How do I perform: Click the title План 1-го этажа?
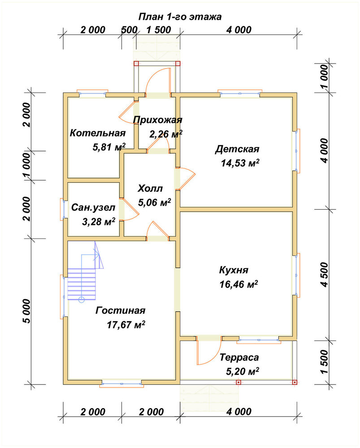click(180, 17)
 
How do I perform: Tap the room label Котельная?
click(98, 133)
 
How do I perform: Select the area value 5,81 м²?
click(109, 147)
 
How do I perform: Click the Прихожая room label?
click(157, 120)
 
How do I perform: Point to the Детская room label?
click(237, 149)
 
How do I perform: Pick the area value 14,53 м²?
click(240, 163)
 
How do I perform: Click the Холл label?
click(150, 189)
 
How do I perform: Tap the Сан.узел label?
click(93, 207)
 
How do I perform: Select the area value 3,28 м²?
click(99, 221)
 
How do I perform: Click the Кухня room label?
click(234, 270)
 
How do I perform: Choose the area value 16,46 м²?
click(239, 284)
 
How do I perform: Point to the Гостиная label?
click(121, 310)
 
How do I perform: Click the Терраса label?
click(239, 358)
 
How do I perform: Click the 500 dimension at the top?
click(129, 30)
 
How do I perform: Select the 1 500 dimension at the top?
click(159, 30)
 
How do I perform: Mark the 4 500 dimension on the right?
click(325, 275)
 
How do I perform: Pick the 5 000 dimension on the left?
click(26, 311)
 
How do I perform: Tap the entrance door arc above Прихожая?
click(158, 78)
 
